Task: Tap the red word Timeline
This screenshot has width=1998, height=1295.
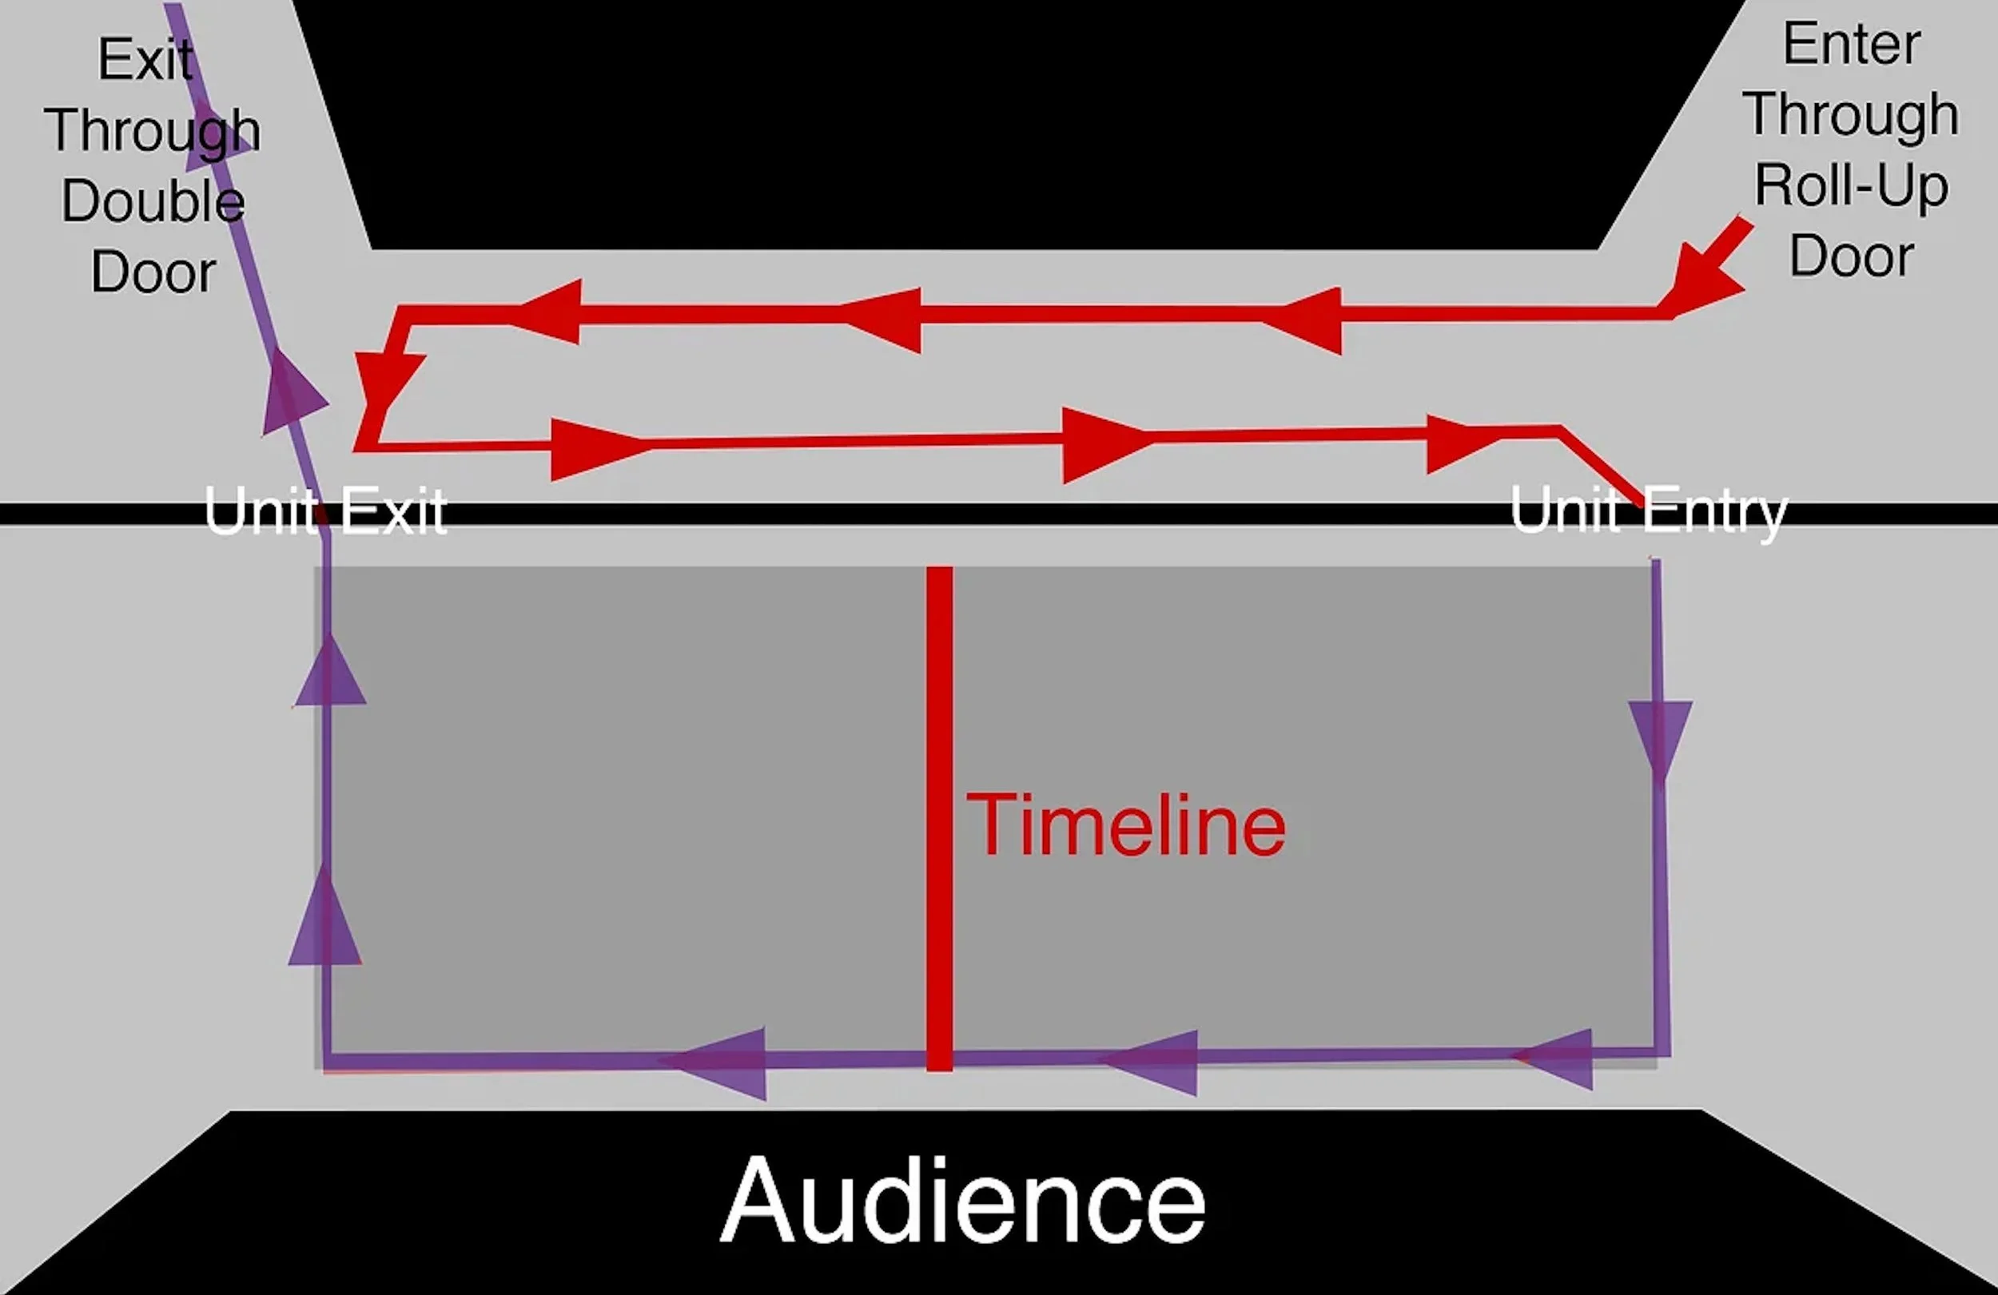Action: (x=1126, y=826)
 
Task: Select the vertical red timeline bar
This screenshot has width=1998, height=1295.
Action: (x=939, y=818)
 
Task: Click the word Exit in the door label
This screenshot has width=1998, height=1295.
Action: (x=146, y=60)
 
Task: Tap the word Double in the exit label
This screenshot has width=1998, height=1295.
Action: (x=153, y=201)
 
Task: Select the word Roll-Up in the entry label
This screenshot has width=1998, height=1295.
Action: (x=1851, y=185)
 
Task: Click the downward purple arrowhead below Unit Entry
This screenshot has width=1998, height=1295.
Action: (x=1660, y=734)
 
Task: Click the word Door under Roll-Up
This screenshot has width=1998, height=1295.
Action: (x=1851, y=256)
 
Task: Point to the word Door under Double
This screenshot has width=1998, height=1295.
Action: (x=153, y=272)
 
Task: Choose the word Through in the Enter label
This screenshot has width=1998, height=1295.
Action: (x=1851, y=115)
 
